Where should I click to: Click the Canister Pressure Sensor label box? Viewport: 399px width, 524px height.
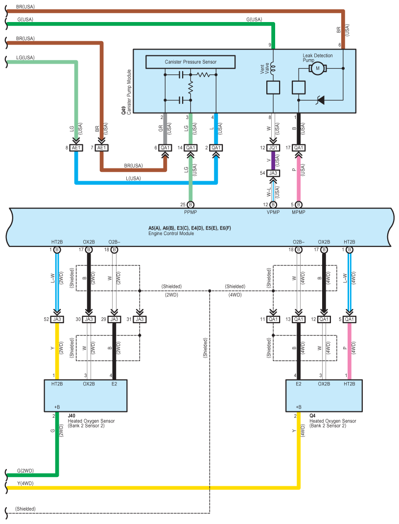tap(190, 62)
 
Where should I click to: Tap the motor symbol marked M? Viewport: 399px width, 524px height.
tap(317, 69)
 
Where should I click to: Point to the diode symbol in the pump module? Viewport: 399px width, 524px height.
tap(321, 99)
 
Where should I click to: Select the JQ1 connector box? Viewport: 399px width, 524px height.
tap(273, 148)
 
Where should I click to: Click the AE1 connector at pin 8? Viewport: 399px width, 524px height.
tap(76, 148)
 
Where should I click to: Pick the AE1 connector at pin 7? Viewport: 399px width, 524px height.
tap(102, 148)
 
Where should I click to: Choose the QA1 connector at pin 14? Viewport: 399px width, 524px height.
tap(190, 148)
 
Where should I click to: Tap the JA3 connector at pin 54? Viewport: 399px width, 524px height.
tap(273, 173)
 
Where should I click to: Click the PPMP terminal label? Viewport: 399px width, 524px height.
tap(190, 212)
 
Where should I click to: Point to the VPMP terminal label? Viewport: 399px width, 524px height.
tap(273, 212)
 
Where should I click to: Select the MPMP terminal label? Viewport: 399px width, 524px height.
tap(299, 212)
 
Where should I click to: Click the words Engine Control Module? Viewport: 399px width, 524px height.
tap(171, 234)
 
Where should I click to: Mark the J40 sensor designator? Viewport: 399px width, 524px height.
tap(71, 416)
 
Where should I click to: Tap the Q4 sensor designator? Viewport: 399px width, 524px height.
tap(312, 416)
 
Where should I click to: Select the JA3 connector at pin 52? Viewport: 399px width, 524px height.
tap(57, 319)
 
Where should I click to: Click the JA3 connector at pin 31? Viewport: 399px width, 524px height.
tap(140, 319)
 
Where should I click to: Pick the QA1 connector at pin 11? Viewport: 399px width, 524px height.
tap(273, 319)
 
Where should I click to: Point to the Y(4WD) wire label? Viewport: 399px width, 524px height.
tap(25, 483)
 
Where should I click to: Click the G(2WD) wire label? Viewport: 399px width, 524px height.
tap(25, 471)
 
